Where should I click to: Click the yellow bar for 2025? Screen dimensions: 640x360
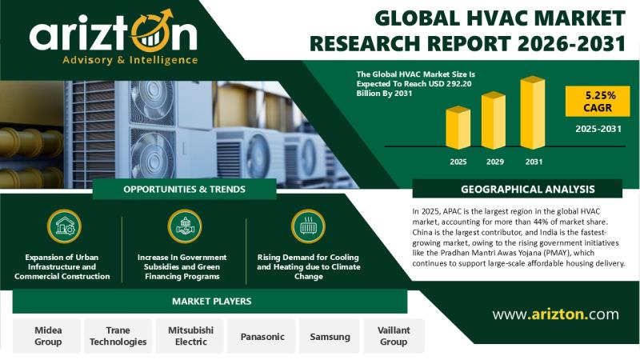coord(458,128)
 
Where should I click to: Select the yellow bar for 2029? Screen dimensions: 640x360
coord(494,121)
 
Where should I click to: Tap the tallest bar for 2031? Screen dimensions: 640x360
coord(533,113)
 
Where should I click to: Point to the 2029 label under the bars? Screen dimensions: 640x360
coord(494,162)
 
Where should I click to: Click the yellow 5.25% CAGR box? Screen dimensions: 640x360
coord(598,102)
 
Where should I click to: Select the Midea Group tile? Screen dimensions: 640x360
coord(47,336)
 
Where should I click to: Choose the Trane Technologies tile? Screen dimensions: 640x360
coord(118,336)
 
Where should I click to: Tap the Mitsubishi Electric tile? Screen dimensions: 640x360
coord(190,336)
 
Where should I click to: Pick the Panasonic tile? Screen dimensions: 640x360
coord(262,336)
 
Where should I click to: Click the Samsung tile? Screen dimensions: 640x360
coord(330,336)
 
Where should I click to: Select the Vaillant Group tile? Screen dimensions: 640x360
coord(394,336)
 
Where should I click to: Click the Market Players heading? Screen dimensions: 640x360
coord(211,302)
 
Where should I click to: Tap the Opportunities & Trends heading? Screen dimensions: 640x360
coord(185,190)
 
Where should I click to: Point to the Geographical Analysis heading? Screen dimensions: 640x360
coord(528,190)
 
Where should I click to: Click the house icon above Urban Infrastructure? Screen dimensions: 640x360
coord(64,226)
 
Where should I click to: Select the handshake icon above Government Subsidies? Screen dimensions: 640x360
coord(185,226)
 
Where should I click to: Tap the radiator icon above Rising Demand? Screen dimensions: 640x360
coord(308,226)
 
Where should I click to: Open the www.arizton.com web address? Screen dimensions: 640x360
coord(555,314)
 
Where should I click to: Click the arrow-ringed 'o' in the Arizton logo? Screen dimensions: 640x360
coord(152,33)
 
